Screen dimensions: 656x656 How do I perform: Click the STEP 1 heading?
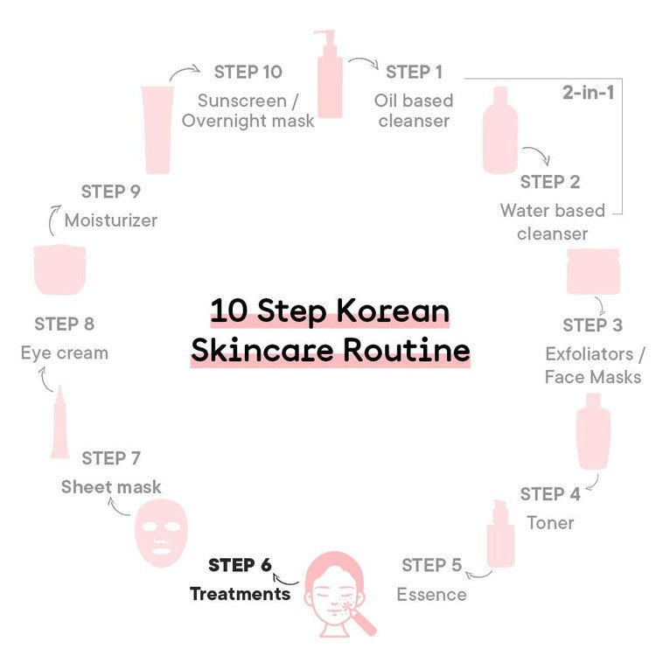point(414,72)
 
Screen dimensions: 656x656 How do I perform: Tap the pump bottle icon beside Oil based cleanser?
point(330,74)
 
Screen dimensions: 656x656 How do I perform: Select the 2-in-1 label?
point(589,93)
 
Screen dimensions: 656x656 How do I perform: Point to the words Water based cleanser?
point(552,222)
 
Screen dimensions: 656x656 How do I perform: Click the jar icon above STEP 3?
point(593,271)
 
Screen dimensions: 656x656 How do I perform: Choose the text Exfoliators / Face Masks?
point(594,366)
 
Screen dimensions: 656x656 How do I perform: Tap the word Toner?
point(550,523)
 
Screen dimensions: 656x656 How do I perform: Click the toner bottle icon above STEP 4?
point(593,431)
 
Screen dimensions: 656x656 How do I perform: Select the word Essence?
point(431,595)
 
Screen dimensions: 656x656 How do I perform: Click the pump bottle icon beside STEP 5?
point(500,534)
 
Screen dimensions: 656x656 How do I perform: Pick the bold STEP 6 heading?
point(241,565)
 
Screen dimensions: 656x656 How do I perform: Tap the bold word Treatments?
point(241,594)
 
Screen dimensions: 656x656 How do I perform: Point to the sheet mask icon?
point(162,533)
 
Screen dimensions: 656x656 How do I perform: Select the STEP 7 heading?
point(111,458)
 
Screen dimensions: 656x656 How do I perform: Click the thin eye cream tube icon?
point(59,422)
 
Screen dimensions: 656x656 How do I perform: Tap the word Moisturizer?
point(111,220)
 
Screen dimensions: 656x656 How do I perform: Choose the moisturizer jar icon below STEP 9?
point(59,270)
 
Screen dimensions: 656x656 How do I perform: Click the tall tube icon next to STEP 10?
point(157,129)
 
